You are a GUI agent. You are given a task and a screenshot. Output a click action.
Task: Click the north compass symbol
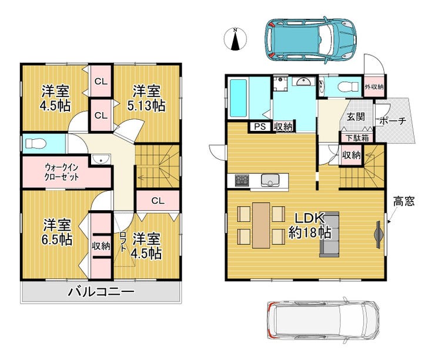pyautogui.click(x=235, y=39)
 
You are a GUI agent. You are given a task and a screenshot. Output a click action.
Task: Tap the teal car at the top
pyautogui.click(x=311, y=39)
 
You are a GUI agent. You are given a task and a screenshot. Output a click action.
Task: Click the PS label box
pyautogui.click(x=260, y=127)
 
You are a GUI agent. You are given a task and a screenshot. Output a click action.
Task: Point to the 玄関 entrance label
pyautogui.click(x=356, y=117)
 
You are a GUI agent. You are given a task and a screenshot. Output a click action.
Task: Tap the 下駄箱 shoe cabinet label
pyautogui.click(x=357, y=138)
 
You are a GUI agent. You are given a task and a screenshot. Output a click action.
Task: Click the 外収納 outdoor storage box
pyautogui.click(x=374, y=86)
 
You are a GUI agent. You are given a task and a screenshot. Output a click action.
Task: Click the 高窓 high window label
pyautogui.click(x=404, y=201)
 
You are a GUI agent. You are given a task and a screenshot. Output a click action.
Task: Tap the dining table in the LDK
pyautogui.click(x=261, y=225)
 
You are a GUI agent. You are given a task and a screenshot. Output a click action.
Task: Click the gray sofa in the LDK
pyautogui.click(x=329, y=234)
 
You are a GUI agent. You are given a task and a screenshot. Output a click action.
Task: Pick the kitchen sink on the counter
pyautogui.click(x=270, y=180)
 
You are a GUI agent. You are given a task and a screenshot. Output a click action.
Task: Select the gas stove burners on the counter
pyautogui.click(x=242, y=180)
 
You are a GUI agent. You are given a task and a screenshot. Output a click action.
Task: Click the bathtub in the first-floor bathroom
pyautogui.click(x=238, y=98)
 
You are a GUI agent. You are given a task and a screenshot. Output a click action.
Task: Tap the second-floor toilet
pyautogui.click(x=35, y=143)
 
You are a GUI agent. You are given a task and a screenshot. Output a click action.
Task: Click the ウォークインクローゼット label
pyautogui.click(x=62, y=172)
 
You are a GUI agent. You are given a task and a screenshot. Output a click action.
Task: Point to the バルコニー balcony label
pyautogui.click(x=101, y=292)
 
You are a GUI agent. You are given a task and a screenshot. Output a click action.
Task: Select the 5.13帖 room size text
pyautogui.click(x=146, y=106)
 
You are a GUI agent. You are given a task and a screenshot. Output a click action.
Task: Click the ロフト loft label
pyautogui.click(x=123, y=241)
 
